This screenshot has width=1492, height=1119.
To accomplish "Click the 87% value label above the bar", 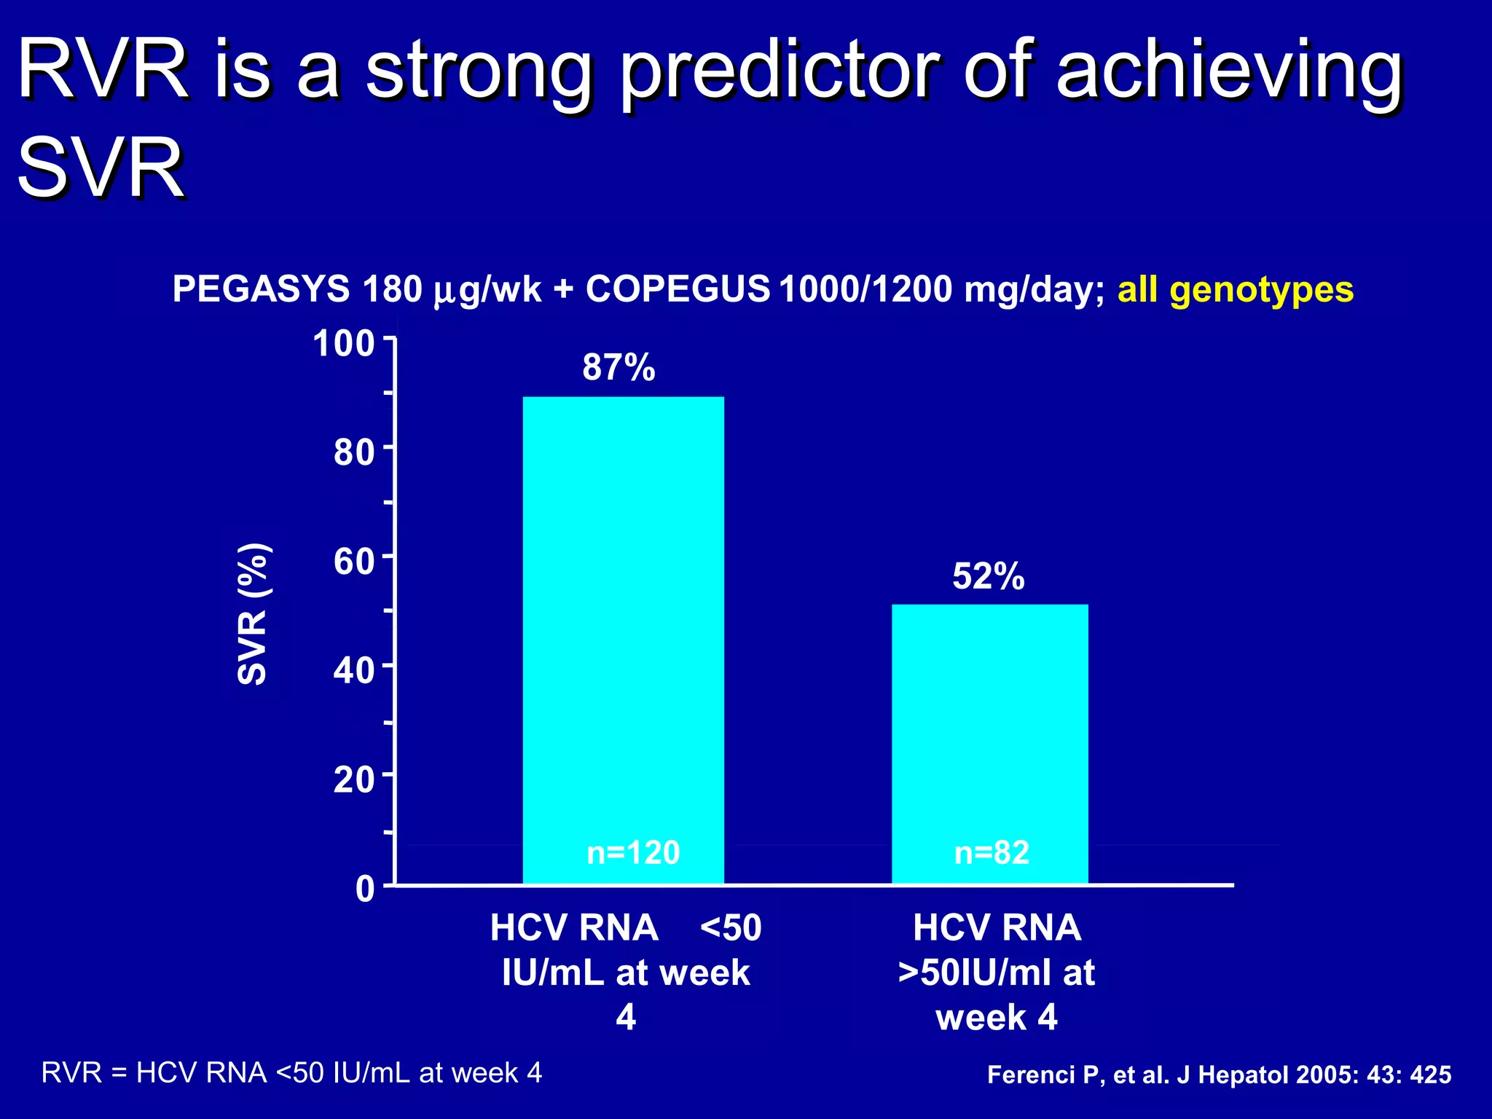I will pos(619,367).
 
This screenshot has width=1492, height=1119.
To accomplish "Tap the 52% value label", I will pos(988,576).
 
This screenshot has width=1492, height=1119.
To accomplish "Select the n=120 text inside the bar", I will pos(633,852).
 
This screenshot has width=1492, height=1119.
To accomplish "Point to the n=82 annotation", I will pos(992,852).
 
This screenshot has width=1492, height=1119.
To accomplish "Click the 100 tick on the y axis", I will pos(343,344).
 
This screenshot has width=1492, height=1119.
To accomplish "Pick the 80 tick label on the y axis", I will pos(353,452).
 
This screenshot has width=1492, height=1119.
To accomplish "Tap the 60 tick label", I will pos(353,562).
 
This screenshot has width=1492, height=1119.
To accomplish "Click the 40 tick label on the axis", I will pos(353,670).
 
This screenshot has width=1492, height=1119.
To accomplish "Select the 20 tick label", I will pos(353,780).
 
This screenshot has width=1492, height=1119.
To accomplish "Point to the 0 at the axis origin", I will pos(364,889).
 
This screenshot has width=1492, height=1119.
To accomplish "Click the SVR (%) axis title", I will pos(254,614).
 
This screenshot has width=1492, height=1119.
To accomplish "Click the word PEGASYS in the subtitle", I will pos(261,289).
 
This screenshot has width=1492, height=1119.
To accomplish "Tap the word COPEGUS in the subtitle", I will pos(678,289).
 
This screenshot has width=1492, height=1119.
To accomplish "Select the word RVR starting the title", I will pos(102,71).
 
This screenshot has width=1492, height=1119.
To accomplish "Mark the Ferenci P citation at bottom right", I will pos(1219,1075).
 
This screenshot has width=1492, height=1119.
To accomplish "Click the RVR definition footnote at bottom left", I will pos(291,1072).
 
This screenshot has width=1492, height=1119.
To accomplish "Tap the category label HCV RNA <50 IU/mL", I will pos(626,972).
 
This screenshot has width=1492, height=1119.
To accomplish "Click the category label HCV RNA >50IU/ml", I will pos(996,972).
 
